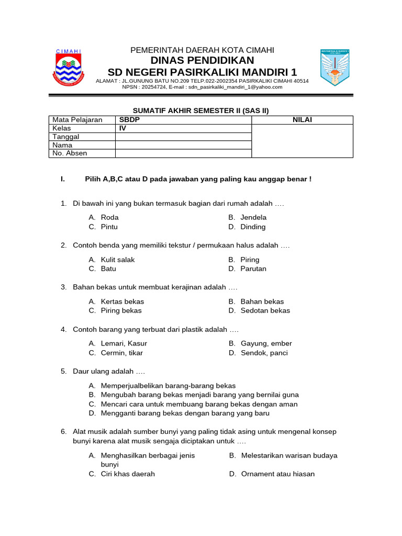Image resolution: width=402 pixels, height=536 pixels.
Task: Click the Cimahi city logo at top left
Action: (x=69, y=68)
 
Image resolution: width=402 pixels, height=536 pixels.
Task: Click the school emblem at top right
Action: (x=334, y=68)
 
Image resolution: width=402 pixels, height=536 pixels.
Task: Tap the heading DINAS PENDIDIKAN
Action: (x=202, y=61)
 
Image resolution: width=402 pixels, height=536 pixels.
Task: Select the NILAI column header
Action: (x=302, y=120)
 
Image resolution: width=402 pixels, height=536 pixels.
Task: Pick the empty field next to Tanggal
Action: (x=183, y=137)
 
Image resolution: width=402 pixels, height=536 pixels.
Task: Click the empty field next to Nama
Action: (x=183, y=145)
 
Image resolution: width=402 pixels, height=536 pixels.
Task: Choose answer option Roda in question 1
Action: (x=109, y=217)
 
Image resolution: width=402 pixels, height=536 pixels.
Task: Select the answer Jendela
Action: (x=253, y=217)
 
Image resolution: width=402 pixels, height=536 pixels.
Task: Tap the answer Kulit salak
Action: (x=118, y=260)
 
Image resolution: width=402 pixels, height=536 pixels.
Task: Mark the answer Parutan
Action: (x=253, y=269)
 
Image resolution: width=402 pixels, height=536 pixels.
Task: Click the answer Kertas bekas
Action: (x=122, y=301)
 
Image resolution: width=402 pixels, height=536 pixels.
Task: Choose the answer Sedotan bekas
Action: (x=265, y=310)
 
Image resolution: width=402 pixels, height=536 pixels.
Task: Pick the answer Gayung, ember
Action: (x=266, y=343)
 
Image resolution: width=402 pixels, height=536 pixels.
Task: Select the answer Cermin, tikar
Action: (x=121, y=353)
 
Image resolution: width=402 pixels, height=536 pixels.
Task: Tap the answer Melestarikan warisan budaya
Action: (x=289, y=455)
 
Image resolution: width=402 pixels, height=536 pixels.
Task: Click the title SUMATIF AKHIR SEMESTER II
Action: (x=202, y=110)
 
